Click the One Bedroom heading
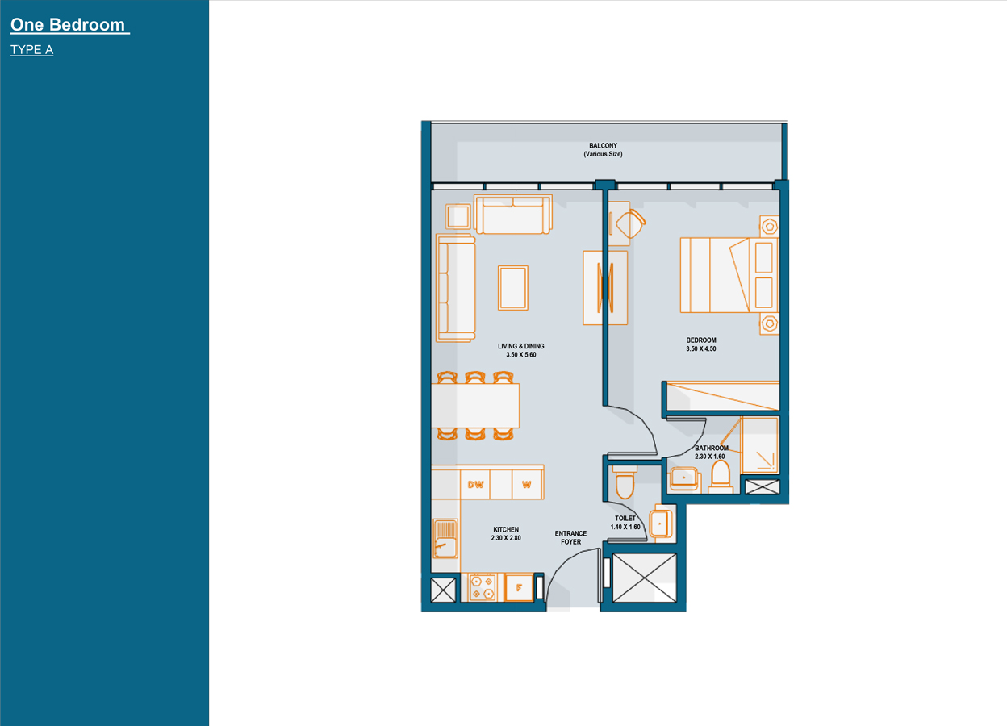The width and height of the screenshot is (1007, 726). click(69, 25)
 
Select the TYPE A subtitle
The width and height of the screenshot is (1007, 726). click(32, 50)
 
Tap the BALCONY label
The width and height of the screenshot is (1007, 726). click(603, 146)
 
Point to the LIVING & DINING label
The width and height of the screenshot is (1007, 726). click(520, 347)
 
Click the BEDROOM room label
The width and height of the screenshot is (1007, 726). click(701, 340)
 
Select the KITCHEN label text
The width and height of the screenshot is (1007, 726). click(506, 530)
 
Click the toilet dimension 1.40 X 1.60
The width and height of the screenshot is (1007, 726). click(625, 527)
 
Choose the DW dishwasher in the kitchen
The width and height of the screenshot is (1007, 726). click(475, 485)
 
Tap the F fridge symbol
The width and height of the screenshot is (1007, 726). click(519, 587)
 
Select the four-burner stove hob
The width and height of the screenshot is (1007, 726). click(483, 586)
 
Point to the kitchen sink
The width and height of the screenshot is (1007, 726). click(444, 538)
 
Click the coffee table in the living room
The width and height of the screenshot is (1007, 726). click(513, 287)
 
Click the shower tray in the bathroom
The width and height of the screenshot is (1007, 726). click(760, 444)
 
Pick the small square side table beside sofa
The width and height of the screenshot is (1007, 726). click(458, 216)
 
